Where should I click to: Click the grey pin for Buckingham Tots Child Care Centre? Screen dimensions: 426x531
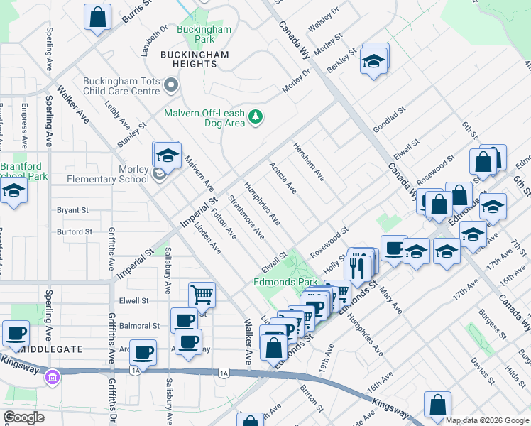point(170,86)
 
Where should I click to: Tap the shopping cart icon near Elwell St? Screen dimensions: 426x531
point(202,294)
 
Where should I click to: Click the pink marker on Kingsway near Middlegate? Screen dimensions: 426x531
point(51,376)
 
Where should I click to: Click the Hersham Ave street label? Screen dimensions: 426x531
point(309,161)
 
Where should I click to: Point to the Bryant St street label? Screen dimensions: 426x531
point(72,210)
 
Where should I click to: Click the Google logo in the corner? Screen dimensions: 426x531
point(24,417)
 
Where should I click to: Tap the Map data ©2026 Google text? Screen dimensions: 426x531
point(487,420)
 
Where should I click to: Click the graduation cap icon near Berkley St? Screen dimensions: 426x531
point(373,61)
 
